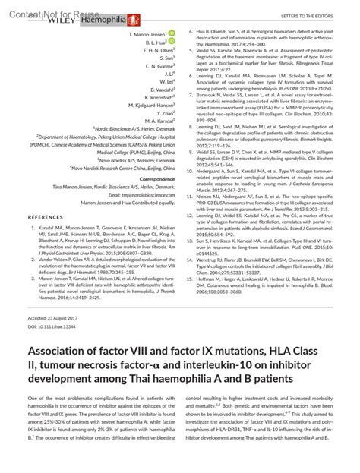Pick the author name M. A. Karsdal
tap(158, 121)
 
